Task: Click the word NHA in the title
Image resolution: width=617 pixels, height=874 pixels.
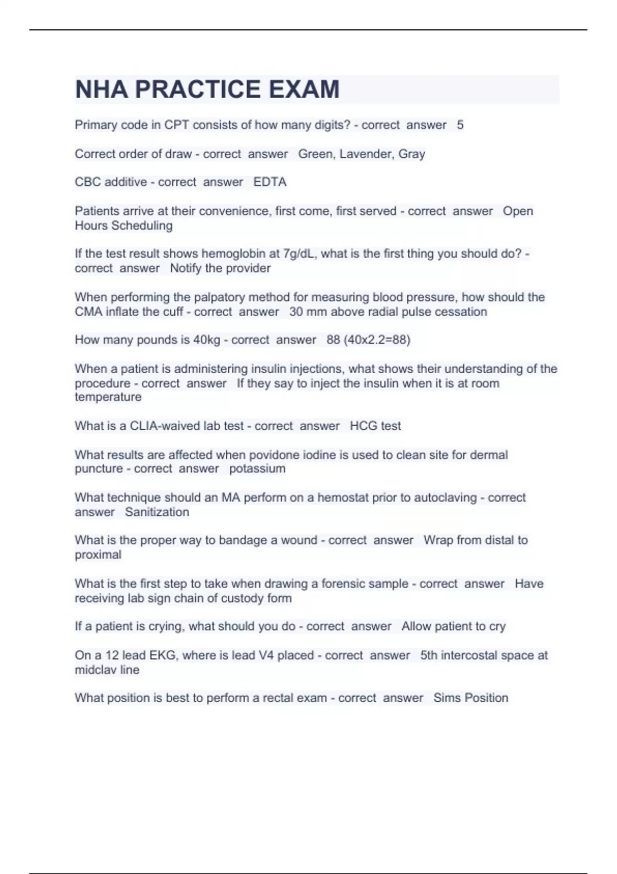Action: (x=101, y=89)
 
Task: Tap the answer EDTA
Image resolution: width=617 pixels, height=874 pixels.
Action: (x=270, y=182)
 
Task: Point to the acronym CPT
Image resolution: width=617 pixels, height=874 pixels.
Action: (x=176, y=125)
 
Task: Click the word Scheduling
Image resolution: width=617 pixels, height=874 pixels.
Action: (x=142, y=225)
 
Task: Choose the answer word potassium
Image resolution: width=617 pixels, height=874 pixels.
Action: (x=257, y=468)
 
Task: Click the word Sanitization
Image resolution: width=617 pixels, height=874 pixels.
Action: (x=157, y=512)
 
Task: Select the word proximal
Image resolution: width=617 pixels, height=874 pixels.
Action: (x=98, y=555)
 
